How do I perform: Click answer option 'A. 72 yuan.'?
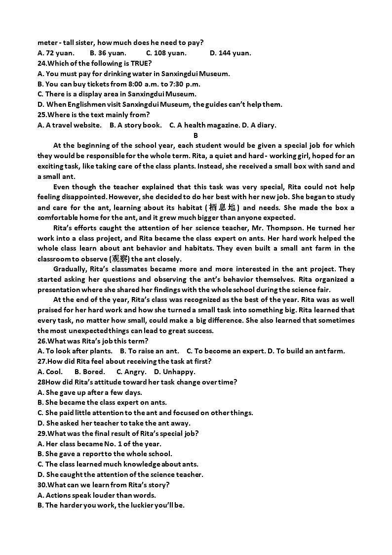56,53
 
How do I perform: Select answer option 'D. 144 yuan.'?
230,53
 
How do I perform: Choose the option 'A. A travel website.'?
70,125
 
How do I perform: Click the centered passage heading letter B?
196,135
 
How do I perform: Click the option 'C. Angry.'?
131,372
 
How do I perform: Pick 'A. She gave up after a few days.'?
90,392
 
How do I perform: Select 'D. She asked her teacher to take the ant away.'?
114,423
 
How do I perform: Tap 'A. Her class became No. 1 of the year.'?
99,444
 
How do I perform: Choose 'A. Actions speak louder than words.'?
97,495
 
